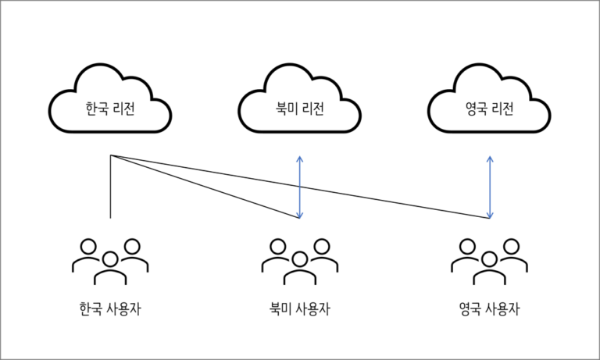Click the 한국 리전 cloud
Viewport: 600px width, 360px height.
coord(110,105)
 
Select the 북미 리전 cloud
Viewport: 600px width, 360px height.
coord(300,105)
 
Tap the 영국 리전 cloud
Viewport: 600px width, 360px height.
coord(489,105)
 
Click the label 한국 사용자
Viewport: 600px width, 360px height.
coord(110,308)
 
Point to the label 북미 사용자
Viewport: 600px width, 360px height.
coord(300,308)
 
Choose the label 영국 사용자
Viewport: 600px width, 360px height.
coord(489,308)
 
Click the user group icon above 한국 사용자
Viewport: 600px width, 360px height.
coord(110,260)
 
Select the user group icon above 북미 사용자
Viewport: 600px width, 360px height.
coord(300,260)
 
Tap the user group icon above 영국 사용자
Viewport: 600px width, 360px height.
coord(489,260)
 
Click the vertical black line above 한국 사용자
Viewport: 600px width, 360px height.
coord(111,187)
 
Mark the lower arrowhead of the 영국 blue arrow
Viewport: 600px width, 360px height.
coord(490,215)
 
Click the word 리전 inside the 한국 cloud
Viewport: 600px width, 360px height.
coord(124,107)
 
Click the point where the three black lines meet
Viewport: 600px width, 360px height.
coord(111,157)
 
